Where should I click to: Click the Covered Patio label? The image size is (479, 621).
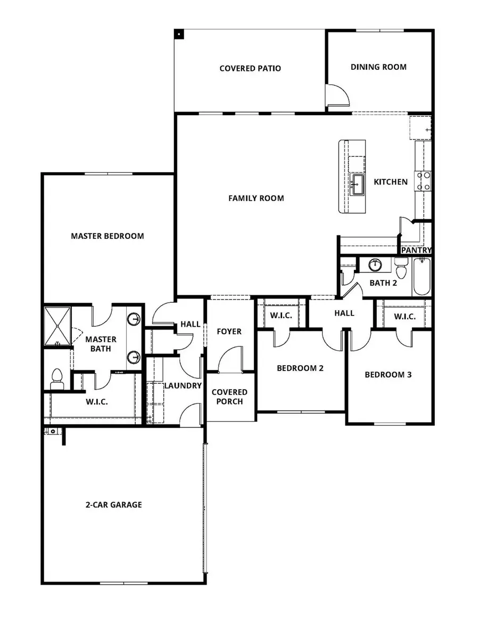point(250,68)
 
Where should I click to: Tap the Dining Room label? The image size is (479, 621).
point(378,67)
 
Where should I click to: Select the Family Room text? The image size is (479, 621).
point(256,198)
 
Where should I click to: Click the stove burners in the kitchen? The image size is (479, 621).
point(423,181)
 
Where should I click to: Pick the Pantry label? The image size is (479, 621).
point(416,249)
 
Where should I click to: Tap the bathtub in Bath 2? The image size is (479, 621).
point(422,276)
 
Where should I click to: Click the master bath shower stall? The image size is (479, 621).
point(57,326)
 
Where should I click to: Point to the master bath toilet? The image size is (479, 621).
point(56,378)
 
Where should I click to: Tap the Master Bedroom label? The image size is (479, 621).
point(108,236)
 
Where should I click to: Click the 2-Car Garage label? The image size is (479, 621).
point(114,504)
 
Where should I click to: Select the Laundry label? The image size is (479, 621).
point(183,385)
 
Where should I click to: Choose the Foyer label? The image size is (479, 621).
point(229,331)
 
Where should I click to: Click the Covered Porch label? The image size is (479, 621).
point(229,397)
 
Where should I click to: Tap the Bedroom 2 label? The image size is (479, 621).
point(300,368)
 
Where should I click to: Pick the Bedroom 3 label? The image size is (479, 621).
point(388,374)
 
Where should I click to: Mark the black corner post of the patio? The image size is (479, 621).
point(179,34)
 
